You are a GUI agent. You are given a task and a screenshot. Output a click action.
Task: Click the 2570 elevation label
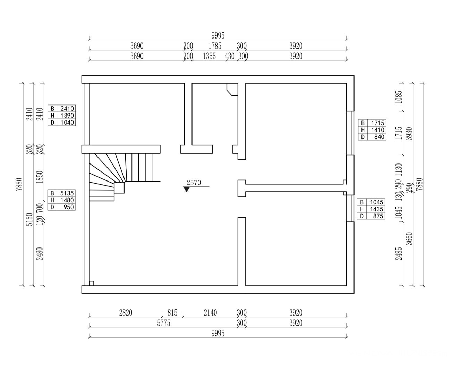(x=194, y=183)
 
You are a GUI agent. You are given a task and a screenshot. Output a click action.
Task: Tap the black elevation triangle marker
(x=187, y=189)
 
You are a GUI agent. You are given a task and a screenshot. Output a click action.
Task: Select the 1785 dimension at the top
(x=215, y=46)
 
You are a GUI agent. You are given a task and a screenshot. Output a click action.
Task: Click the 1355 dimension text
(x=209, y=56)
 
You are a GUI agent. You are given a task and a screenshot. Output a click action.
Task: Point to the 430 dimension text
(x=230, y=56)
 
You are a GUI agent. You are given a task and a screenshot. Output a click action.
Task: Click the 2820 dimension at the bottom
(x=126, y=313)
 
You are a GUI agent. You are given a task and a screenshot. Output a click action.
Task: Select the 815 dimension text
(x=172, y=313)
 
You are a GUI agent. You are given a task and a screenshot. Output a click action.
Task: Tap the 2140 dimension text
(x=210, y=313)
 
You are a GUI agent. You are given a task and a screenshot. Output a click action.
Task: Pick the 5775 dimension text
(x=164, y=323)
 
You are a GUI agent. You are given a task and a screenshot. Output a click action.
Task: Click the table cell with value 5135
(x=66, y=193)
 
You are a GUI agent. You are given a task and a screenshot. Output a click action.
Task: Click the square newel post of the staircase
(x=119, y=188)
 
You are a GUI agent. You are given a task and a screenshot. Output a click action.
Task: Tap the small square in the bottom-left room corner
(x=92, y=283)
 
